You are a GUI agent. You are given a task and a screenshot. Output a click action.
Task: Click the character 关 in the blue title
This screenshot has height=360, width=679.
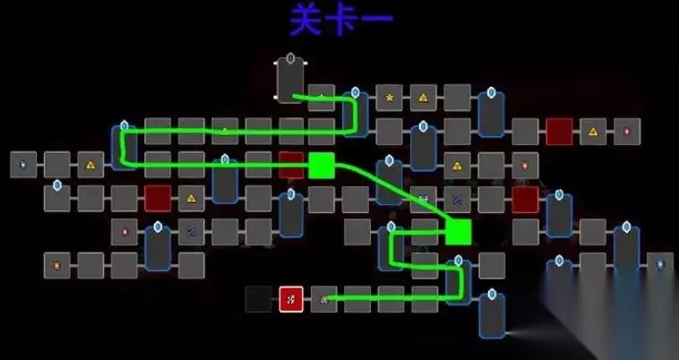pos(306,19)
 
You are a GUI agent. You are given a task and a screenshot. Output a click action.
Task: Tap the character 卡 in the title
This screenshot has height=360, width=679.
pos(341,19)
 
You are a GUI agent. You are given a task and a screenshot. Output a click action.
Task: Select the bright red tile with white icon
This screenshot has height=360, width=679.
pos(291,299)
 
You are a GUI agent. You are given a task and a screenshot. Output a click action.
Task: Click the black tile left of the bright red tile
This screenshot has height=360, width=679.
pos(259,299)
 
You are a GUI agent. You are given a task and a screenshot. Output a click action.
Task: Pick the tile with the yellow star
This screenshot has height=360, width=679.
pos(390,98)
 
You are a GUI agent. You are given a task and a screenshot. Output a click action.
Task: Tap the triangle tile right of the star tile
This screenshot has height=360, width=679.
pos(423,98)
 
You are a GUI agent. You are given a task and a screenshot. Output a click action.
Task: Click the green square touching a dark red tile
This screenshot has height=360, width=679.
pos(322,166)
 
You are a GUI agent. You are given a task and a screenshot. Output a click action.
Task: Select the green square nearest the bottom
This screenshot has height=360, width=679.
pos(458,232)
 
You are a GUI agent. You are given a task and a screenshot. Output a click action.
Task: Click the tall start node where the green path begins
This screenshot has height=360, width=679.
pos(290,80)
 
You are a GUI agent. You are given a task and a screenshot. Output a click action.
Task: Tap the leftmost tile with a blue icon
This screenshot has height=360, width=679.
pos(23,165)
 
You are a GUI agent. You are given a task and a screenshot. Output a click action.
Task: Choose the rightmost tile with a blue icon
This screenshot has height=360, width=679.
pos(660,264)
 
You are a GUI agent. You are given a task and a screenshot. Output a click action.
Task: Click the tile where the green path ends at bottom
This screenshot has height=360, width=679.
pos(324,299)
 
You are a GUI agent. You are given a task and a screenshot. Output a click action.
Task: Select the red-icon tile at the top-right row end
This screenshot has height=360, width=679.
pos(627,132)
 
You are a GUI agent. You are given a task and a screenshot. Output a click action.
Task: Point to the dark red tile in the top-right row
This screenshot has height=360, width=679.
pos(559,132)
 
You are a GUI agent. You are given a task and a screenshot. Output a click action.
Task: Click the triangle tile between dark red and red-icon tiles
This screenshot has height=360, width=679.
pos(593,132)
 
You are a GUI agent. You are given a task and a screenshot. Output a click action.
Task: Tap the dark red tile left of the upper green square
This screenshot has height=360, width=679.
pos(291,165)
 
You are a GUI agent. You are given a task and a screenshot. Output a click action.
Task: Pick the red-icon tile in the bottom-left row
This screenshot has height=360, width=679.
pos(56,266)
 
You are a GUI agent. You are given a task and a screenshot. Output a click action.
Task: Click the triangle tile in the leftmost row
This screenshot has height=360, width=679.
pos(90,165)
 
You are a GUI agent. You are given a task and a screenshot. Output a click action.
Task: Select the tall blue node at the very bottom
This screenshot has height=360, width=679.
pos(492,314)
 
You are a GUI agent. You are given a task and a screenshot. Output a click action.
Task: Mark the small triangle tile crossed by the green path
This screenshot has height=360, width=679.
pos(225,131)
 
